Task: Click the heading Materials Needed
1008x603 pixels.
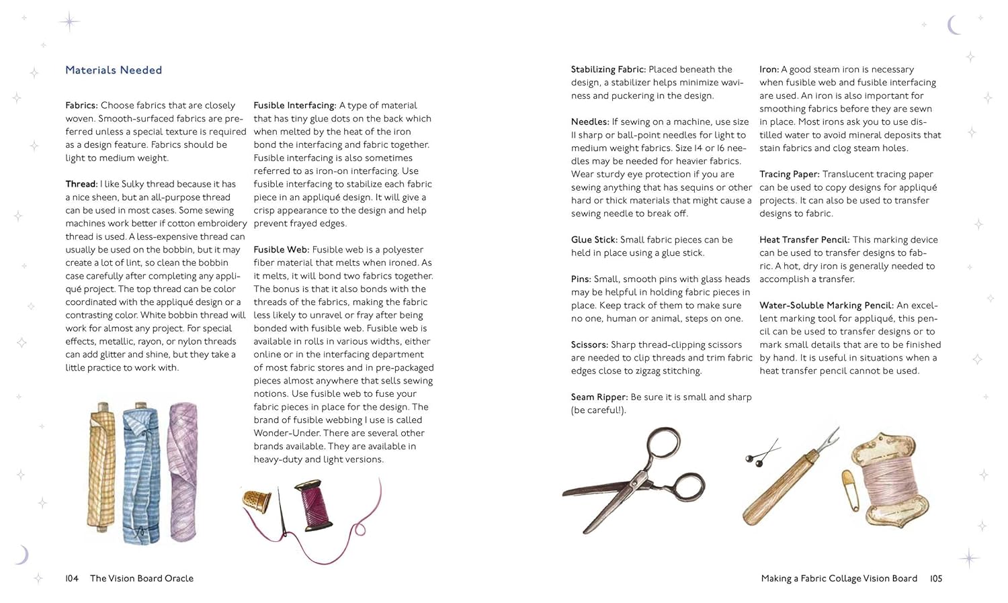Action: pos(114,70)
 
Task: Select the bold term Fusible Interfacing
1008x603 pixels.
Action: pos(294,105)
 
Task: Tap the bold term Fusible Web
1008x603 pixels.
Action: pos(281,250)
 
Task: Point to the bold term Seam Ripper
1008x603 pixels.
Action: pos(599,397)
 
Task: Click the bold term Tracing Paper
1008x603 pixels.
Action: pos(789,174)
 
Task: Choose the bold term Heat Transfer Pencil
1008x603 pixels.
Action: pos(804,240)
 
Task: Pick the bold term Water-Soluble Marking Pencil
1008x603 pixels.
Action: pos(826,306)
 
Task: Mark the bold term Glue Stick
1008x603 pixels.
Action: pos(594,240)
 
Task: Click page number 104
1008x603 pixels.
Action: pos(72,578)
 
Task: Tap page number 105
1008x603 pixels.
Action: pos(936,578)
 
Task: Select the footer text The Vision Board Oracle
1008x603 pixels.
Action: pos(142,578)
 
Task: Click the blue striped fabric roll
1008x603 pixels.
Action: pos(140,473)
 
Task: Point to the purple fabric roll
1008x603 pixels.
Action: pos(183,470)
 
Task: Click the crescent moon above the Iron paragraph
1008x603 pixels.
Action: pos(953,26)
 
